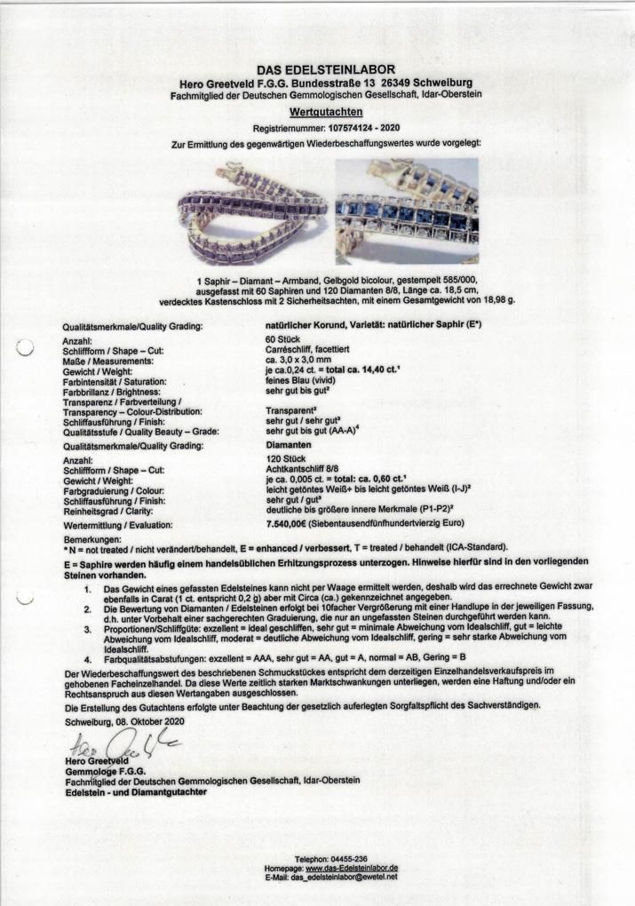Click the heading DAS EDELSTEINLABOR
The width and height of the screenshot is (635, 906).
(x=326, y=69)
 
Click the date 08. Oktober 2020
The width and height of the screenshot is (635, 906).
(x=151, y=724)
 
